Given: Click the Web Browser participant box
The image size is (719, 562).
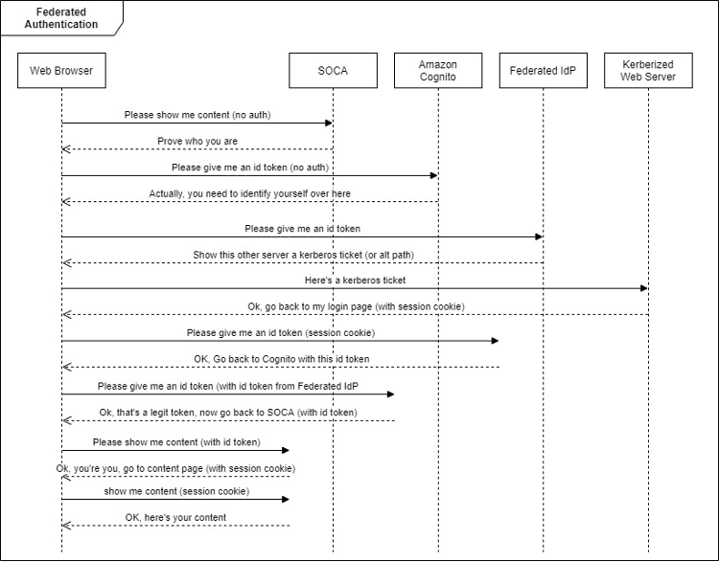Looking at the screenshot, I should pyautogui.click(x=61, y=70).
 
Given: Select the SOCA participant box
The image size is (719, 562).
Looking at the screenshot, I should pyautogui.click(x=333, y=70).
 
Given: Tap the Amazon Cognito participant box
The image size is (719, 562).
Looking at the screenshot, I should pyautogui.click(x=437, y=70).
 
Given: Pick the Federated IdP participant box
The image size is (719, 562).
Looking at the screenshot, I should pyautogui.click(x=543, y=70).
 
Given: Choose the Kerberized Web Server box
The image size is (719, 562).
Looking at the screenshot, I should pyautogui.click(x=648, y=70).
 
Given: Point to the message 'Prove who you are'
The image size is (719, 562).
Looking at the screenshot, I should pyautogui.click(x=197, y=141).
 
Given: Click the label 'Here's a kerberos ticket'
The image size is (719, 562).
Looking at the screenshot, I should pyautogui.click(x=355, y=281).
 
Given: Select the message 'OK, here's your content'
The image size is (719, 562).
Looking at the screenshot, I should pyautogui.click(x=175, y=517).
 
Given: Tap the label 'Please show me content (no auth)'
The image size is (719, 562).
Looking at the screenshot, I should pyautogui.click(x=197, y=115).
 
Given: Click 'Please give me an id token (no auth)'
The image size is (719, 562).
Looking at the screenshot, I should pyautogui.click(x=249, y=168).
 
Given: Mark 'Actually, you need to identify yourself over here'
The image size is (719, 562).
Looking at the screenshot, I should pyautogui.click(x=249, y=193).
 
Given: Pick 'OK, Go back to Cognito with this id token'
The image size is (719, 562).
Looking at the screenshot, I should pyautogui.click(x=281, y=359).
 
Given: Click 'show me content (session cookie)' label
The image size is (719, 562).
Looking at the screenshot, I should pyautogui.click(x=176, y=491).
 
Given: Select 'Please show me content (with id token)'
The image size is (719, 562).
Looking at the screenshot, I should pyautogui.click(x=175, y=442).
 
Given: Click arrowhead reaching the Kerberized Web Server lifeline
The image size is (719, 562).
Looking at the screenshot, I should pyautogui.click(x=644, y=288).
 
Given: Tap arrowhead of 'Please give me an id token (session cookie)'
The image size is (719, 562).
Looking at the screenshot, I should pyautogui.click(x=495, y=341).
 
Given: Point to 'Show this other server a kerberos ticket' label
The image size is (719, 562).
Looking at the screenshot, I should pyautogui.click(x=303, y=255).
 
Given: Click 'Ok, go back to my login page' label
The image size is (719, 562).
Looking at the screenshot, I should pyautogui.click(x=356, y=306).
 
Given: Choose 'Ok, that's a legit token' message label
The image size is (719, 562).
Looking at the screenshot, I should pyautogui.click(x=228, y=412).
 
